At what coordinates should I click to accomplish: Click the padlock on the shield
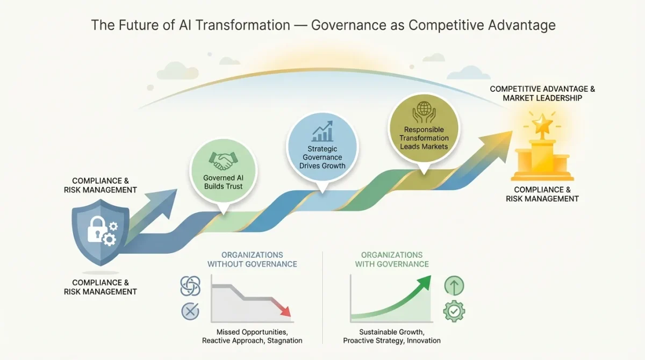95,232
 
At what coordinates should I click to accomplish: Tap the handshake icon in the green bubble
223,160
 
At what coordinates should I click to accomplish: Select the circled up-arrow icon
454,286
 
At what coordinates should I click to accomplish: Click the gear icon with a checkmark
454,311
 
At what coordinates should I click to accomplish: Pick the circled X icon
190,311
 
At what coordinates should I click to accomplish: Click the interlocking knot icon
190,286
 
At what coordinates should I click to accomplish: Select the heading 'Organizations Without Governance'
252,260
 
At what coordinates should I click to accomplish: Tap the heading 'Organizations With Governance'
391,260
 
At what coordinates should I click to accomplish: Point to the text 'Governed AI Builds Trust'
223,182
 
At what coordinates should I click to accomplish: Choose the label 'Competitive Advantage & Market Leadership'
542,93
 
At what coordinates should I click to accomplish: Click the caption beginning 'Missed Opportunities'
252,336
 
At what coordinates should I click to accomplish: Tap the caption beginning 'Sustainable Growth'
391,336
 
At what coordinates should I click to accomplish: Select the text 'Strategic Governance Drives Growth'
322,157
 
